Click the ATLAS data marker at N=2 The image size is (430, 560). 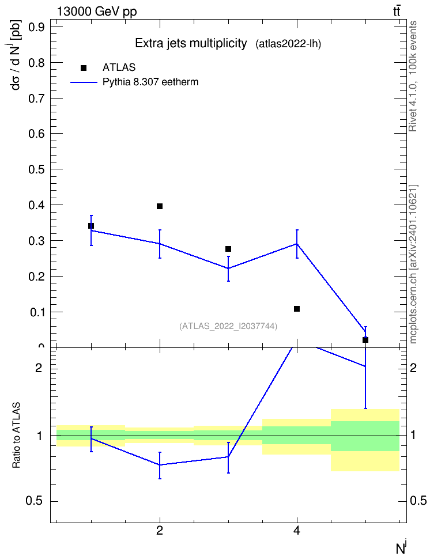pos(160,206)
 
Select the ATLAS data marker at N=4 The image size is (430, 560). pos(297,309)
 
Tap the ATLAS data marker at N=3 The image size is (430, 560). pos(228,248)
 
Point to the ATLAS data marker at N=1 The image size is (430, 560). pos(91,226)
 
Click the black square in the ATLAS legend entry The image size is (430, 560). pos(84,68)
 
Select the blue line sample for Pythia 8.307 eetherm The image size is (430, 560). pos(84,82)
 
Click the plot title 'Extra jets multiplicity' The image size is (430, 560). pos(191,44)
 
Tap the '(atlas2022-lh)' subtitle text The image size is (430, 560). pos(288,44)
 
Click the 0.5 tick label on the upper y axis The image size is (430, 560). pos(36,169)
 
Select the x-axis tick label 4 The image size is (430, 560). pos(297,531)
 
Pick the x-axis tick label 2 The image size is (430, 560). pos(160,531)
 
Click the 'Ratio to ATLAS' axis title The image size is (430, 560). pos(17,436)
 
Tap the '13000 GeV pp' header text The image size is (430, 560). pos(97,12)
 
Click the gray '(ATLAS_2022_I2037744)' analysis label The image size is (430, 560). pos(228,326)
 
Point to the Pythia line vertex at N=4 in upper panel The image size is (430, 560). pos(297,244)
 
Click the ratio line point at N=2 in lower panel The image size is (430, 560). pos(160,464)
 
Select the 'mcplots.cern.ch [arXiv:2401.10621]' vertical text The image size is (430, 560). pos(413,264)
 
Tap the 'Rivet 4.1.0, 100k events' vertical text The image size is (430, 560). pos(413,77)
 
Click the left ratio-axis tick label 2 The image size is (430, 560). pos(39,368)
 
